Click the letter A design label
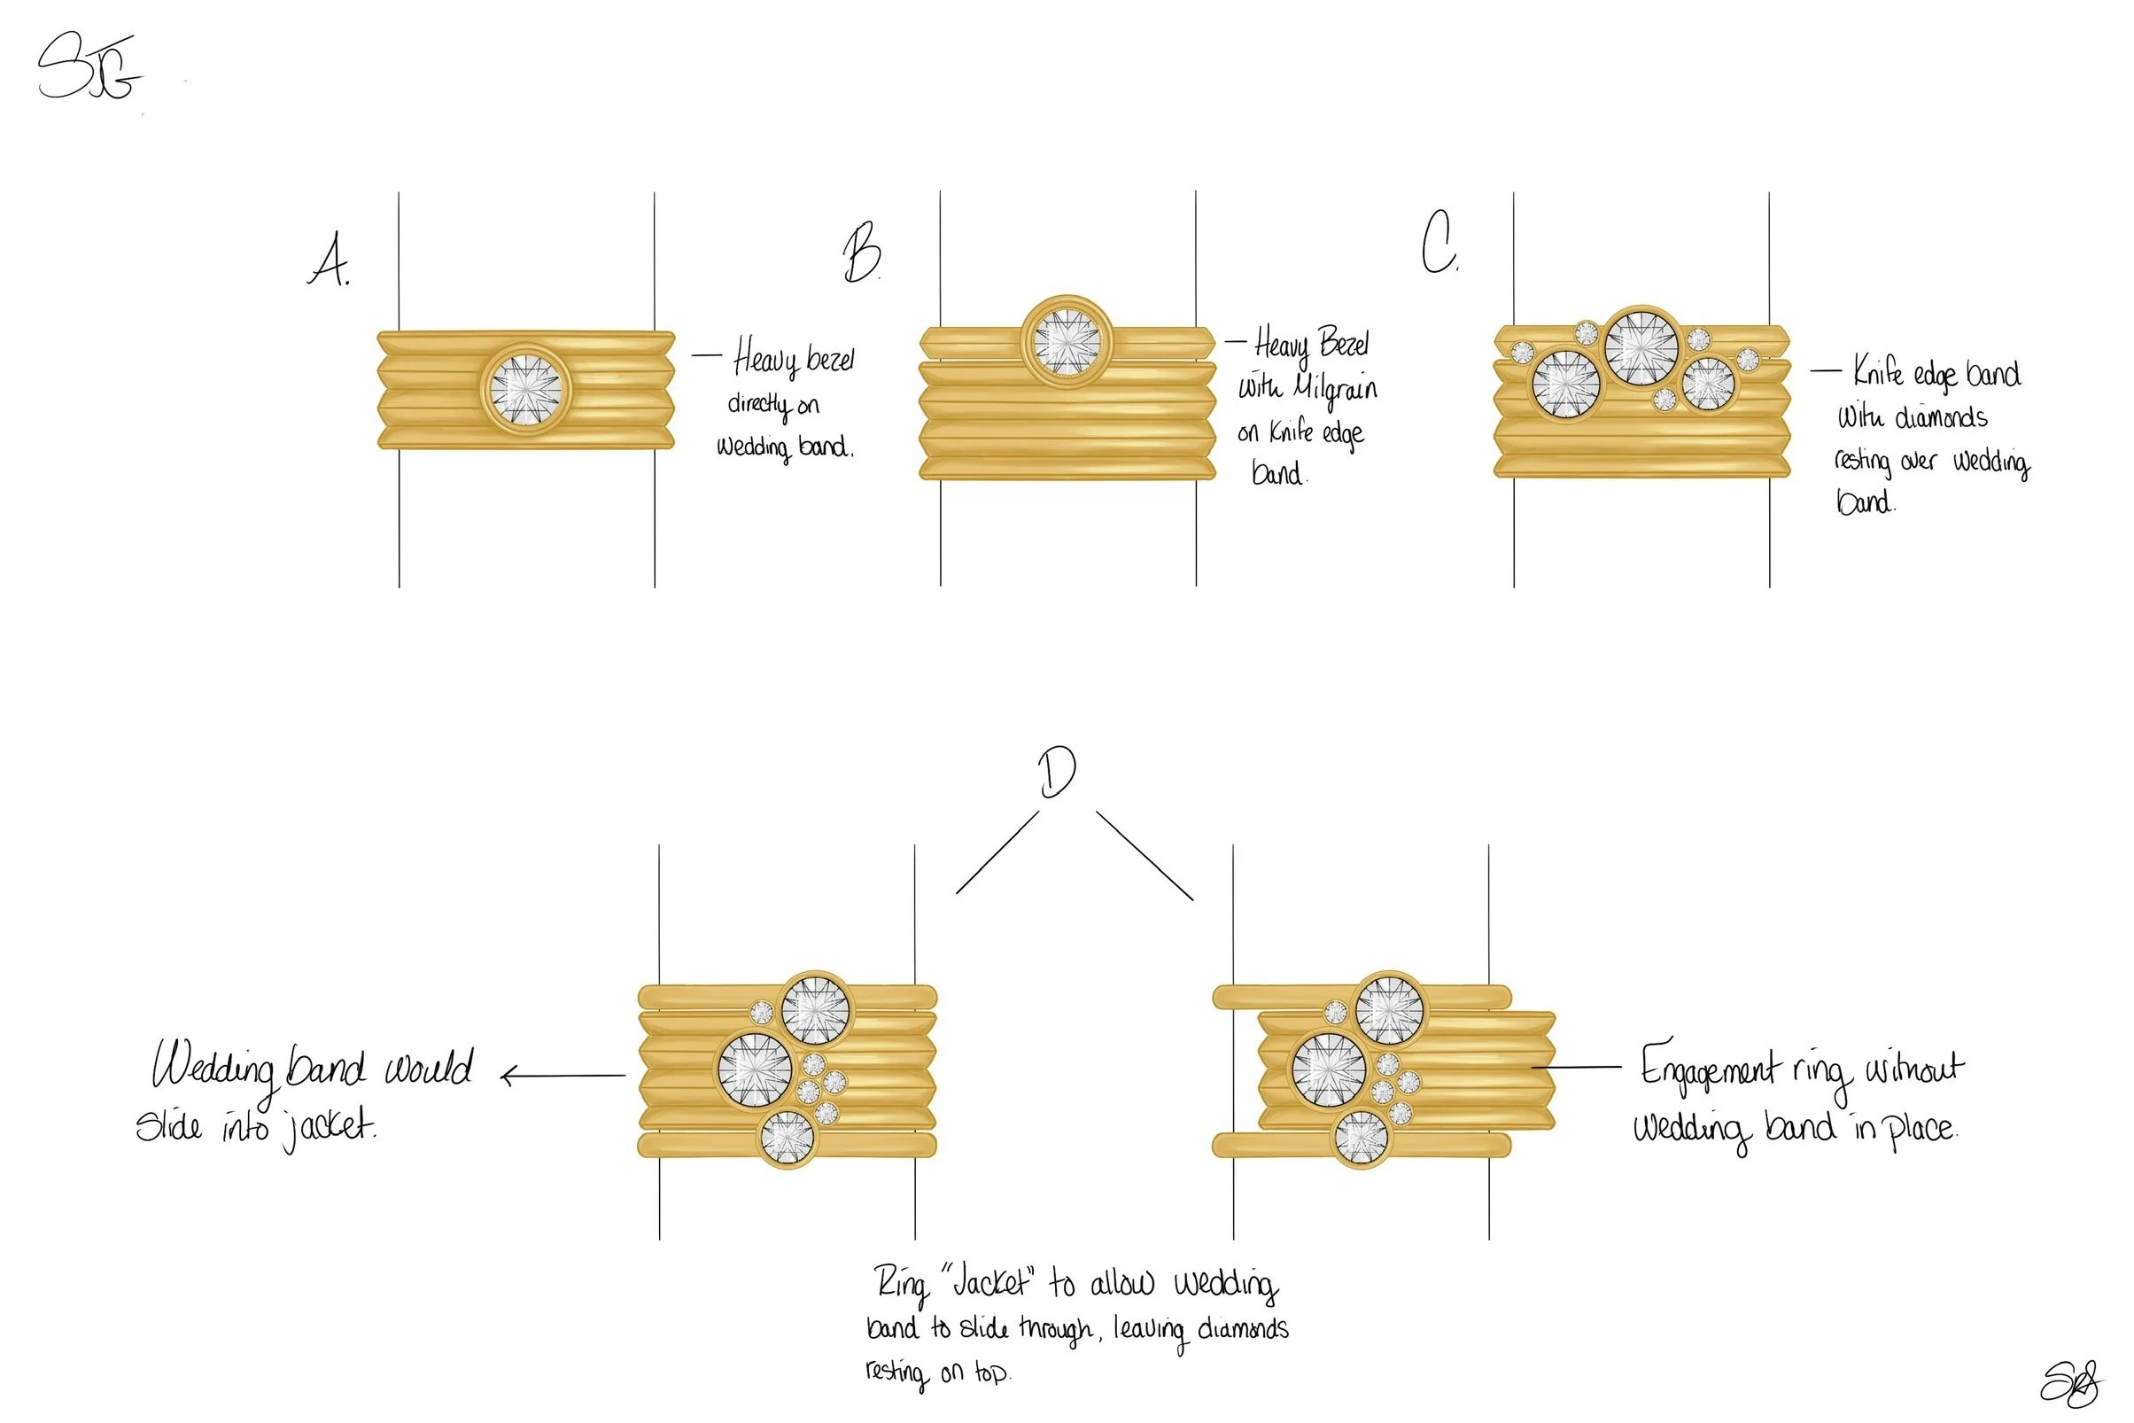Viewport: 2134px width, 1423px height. [330, 260]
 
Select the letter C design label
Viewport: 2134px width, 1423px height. [1438, 242]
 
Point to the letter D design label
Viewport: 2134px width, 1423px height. [1057, 774]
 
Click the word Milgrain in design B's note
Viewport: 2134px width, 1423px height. [1336, 388]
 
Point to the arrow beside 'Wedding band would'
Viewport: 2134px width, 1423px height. [563, 1077]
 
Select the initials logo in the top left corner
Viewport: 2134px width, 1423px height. [89, 68]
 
